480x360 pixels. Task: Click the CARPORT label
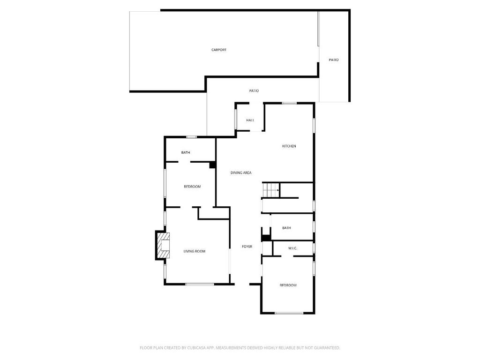click(x=219, y=50)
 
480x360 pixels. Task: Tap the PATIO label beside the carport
click(x=334, y=60)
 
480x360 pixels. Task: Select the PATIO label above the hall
click(x=254, y=90)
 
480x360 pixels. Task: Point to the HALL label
click(x=250, y=120)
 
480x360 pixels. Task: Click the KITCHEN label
click(x=289, y=146)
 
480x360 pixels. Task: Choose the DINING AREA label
click(x=241, y=172)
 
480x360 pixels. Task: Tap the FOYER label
click(x=247, y=247)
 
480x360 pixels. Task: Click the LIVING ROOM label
click(x=195, y=251)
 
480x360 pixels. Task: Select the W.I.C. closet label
click(x=292, y=248)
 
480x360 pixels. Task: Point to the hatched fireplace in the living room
click(x=163, y=246)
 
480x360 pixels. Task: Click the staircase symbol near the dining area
click(x=271, y=190)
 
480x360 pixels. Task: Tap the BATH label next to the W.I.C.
click(x=286, y=228)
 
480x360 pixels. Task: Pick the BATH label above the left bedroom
click(x=186, y=152)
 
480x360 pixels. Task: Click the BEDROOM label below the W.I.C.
click(x=288, y=285)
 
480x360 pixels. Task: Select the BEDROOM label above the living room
click(x=192, y=187)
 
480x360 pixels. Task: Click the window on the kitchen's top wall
click(x=289, y=103)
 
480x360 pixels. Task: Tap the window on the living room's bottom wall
click(x=200, y=285)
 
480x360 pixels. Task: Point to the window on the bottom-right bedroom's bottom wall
click(x=289, y=313)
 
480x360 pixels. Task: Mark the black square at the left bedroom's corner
click(x=212, y=165)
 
